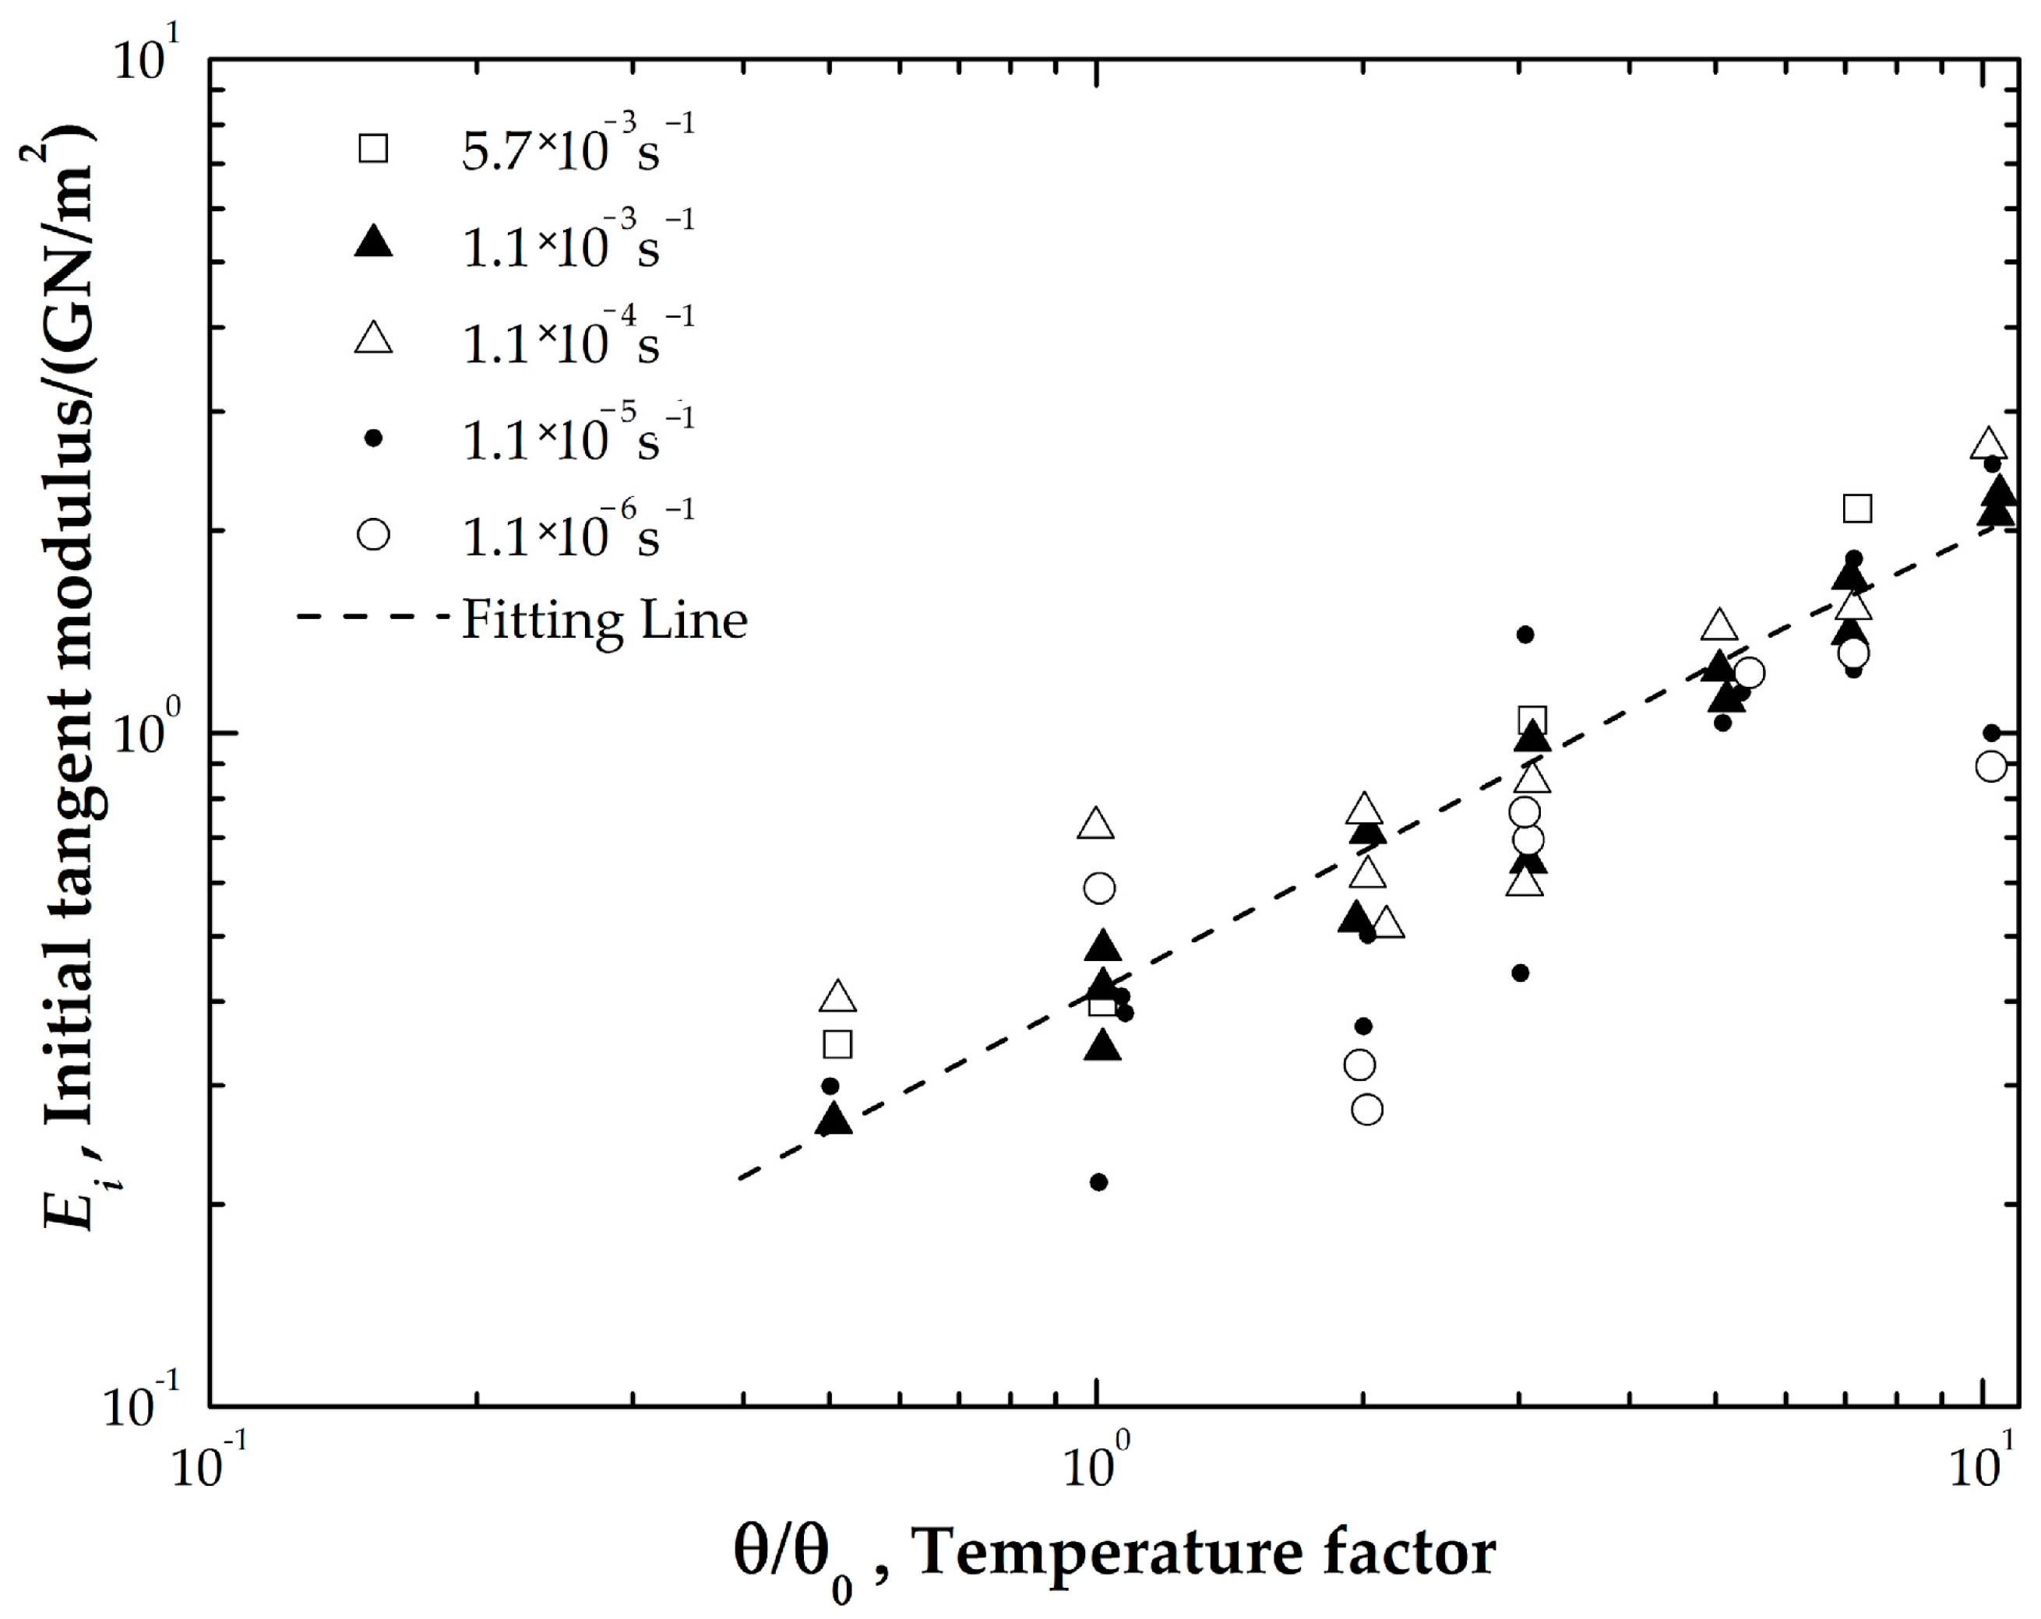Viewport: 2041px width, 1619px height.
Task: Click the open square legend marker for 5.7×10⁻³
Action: click(373, 149)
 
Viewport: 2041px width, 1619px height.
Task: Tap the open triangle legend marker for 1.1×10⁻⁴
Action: click(373, 338)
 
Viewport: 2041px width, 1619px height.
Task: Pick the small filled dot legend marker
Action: click(373, 437)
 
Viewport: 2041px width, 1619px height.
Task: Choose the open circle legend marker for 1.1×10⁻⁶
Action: click(373, 535)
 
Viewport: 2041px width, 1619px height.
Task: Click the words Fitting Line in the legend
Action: click(604, 620)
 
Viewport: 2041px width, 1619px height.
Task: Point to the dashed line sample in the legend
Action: click(373, 617)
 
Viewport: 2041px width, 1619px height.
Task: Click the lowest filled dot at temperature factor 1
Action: click(1098, 1182)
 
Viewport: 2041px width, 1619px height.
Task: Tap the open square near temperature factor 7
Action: click(1857, 508)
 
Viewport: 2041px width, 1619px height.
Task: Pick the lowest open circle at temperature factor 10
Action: click(1991, 766)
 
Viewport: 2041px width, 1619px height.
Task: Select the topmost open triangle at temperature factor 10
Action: click(1989, 444)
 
